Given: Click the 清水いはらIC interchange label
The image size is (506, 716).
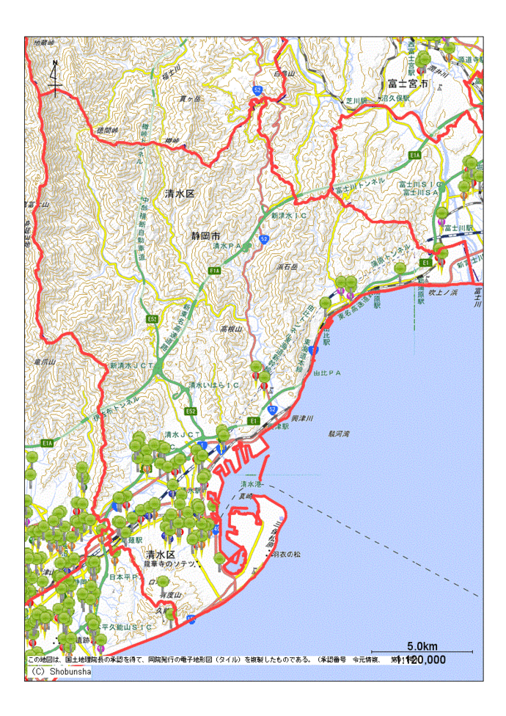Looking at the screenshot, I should coord(213,384).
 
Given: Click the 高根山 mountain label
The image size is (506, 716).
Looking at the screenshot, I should coord(231,330).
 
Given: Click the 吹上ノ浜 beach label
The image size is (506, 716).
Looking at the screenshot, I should coord(442,293).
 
